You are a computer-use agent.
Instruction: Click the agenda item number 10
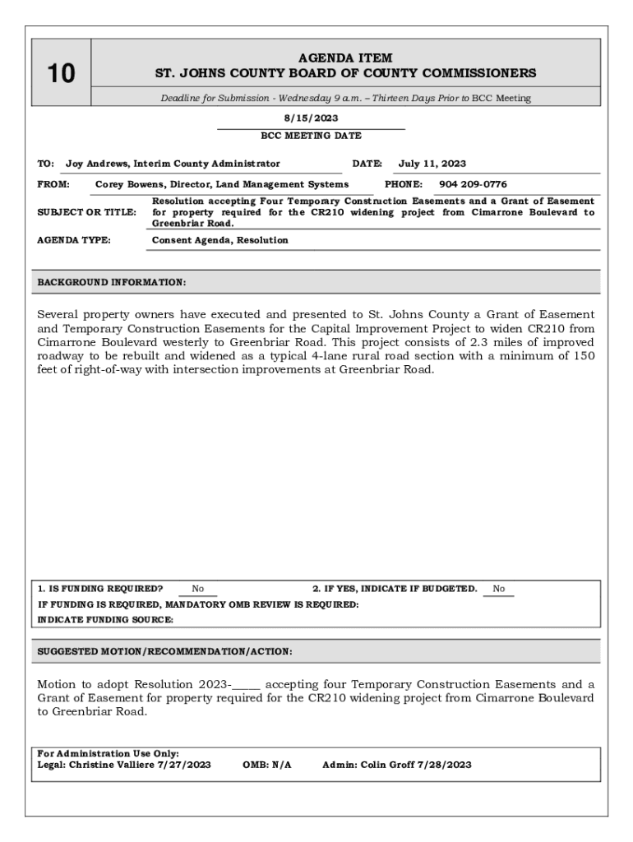(61, 74)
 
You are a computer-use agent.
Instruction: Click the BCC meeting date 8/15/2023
(311, 118)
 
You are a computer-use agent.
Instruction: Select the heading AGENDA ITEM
(345, 58)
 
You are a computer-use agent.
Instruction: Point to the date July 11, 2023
(432, 164)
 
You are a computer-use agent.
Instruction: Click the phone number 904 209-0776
(473, 184)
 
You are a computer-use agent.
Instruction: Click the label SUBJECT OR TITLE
(87, 212)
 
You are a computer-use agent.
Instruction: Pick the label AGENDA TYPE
(75, 240)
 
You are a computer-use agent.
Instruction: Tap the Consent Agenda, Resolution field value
(220, 240)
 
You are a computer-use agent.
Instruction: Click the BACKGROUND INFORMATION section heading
(112, 282)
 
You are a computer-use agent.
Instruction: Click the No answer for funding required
(198, 589)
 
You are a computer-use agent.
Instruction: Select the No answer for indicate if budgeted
(499, 589)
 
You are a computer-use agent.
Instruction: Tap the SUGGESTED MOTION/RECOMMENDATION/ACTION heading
(164, 651)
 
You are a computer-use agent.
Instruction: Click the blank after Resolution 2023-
(247, 685)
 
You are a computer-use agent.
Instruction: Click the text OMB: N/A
(267, 764)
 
